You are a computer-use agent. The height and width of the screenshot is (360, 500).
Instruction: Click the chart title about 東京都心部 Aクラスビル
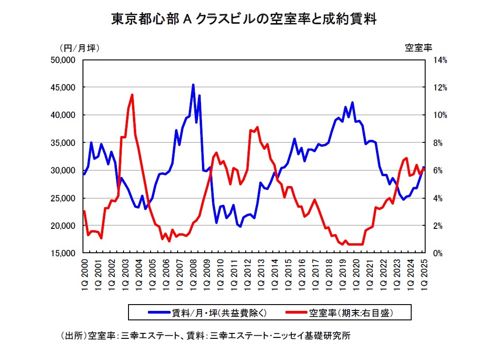tap(243, 19)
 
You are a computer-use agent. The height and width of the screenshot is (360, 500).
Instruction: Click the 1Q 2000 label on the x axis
tap(84, 272)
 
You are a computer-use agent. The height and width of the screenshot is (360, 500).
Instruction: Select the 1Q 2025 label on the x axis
tap(424, 272)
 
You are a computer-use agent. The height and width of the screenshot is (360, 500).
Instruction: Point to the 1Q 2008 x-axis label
tap(193, 272)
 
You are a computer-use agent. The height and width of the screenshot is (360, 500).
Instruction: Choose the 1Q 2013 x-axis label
tap(261, 272)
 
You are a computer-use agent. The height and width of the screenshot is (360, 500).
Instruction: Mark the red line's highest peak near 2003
tap(132, 95)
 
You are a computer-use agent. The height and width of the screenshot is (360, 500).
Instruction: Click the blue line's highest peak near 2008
tap(193, 85)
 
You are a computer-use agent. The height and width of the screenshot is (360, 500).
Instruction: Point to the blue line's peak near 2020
tap(352, 103)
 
